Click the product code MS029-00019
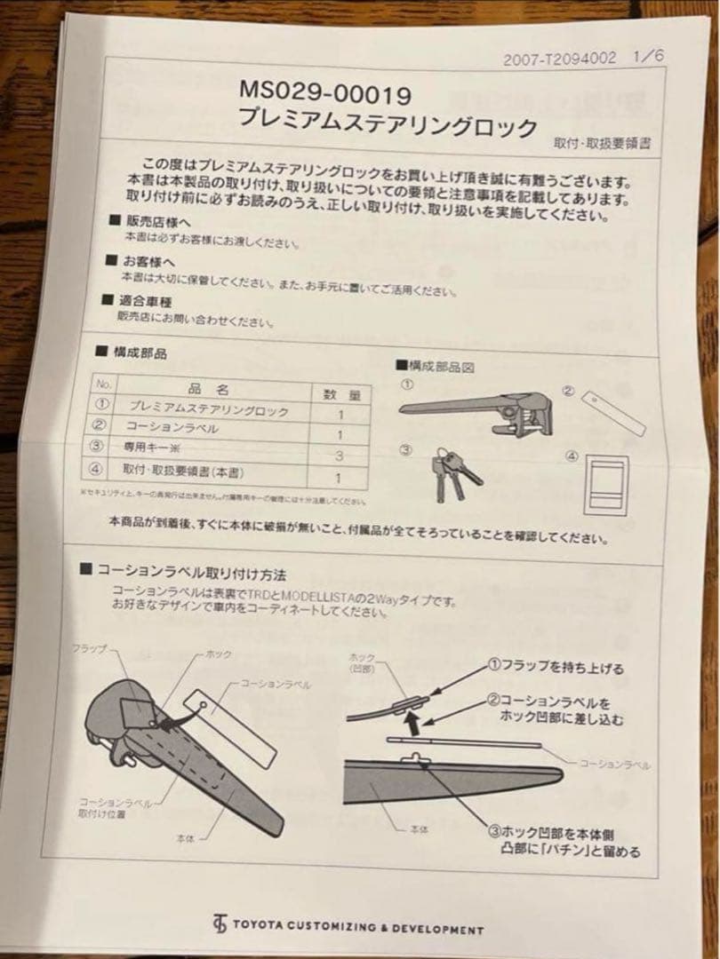coord(324,91)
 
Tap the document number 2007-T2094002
coord(559,60)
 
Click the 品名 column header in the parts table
coord(210,389)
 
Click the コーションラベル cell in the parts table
coord(172,430)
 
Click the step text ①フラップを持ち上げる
coord(555,668)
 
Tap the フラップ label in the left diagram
coord(89,649)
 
